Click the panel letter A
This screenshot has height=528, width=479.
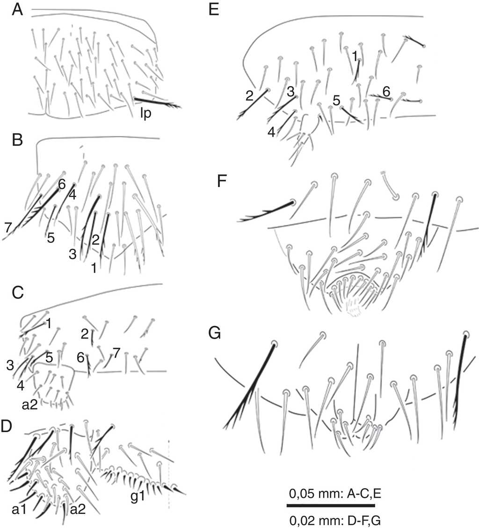click(x=17, y=10)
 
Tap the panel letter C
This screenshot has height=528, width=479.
click(x=17, y=293)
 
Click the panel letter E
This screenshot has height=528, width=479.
click(x=214, y=10)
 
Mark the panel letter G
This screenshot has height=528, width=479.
click(x=215, y=333)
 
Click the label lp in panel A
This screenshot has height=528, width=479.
click(x=146, y=114)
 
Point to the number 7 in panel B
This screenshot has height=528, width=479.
click(x=8, y=227)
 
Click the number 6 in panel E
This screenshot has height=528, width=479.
click(x=386, y=91)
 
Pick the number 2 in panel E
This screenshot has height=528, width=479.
click(x=249, y=96)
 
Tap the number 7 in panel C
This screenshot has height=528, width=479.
click(x=116, y=353)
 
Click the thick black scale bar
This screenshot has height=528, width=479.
click(x=331, y=506)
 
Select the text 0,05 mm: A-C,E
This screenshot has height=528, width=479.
click(x=335, y=494)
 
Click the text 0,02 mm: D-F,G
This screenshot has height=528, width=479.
click(x=335, y=521)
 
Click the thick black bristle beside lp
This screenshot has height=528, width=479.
click(x=157, y=103)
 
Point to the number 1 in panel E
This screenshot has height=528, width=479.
click(x=355, y=57)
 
